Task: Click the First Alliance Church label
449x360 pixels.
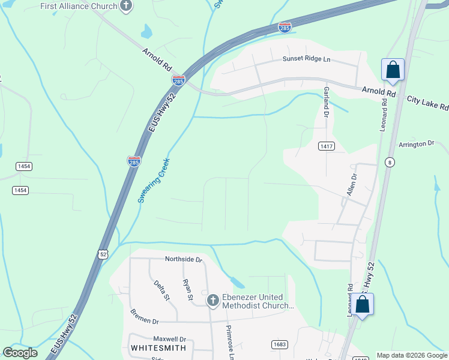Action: (x=79, y=6)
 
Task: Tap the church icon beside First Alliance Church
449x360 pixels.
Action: (x=126, y=6)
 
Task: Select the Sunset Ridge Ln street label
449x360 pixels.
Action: (x=307, y=59)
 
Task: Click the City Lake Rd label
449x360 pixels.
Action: (x=427, y=103)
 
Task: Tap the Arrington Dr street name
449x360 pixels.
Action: (x=416, y=144)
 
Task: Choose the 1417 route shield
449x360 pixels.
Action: (x=327, y=146)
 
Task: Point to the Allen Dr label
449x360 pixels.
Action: (x=351, y=185)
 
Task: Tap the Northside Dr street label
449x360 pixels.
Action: (x=184, y=259)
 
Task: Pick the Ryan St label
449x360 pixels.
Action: (x=187, y=289)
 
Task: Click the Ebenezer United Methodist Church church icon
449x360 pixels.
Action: (x=212, y=300)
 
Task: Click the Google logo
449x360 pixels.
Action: (x=20, y=353)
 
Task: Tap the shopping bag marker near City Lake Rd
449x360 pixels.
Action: (x=393, y=70)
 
